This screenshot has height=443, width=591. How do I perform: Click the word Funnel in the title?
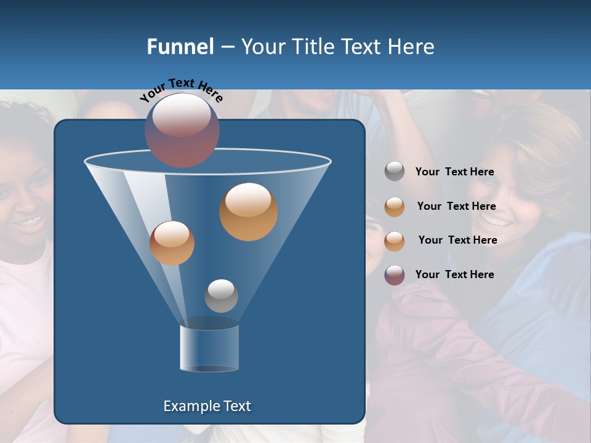(x=180, y=47)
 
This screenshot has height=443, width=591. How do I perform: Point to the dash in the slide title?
(x=227, y=47)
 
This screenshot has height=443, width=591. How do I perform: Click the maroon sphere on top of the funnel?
(x=182, y=130)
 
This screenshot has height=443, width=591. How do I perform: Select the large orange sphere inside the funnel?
(x=249, y=211)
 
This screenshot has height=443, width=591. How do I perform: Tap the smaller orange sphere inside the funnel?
(x=172, y=242)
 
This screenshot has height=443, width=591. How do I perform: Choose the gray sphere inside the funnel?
(x=221, y=295)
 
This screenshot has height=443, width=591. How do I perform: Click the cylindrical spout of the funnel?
(x=209, y=348)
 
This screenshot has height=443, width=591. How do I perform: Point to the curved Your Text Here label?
(x=181, y=89)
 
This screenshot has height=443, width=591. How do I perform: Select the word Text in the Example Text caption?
(x=237, y=406)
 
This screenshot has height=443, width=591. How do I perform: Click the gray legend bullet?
(x=395, y=172)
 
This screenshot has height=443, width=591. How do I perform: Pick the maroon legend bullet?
(x=395, y=275)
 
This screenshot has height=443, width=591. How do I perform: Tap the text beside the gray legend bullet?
(x=454, y=172)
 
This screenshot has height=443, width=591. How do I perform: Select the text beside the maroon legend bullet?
(x=454, y=274)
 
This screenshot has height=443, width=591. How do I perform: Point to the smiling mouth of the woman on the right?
(x=496, y=220)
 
